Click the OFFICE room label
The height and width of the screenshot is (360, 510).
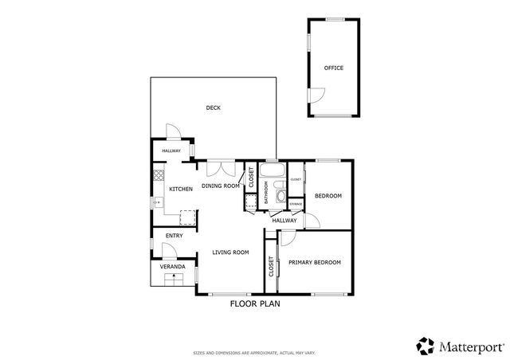point(333,68)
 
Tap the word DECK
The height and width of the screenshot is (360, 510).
point(213,108)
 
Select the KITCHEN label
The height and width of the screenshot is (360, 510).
point(181,189)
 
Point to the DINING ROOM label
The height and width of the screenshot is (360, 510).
point(220,186)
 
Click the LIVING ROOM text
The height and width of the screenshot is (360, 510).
point(230,252)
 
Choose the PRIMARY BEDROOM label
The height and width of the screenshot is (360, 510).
point(314,262)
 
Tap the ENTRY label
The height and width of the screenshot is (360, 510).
point(174,236)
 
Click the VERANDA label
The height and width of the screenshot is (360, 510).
point(173,266)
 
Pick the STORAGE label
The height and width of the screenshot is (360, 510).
point(296,205)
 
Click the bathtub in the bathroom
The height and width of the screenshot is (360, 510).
point(272,171)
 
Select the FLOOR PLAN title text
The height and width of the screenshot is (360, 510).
point(254,303)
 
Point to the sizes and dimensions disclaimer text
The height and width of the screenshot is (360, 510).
point(254,351)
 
